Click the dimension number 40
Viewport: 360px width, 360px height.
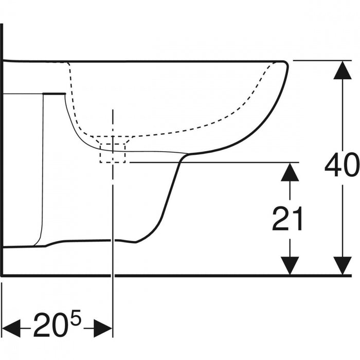342,165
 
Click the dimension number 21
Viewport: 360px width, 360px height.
287,219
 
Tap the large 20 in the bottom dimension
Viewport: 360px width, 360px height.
51,325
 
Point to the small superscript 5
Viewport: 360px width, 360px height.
76,317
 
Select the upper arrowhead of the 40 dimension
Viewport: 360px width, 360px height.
343,70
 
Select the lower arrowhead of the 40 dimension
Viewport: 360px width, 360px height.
343,265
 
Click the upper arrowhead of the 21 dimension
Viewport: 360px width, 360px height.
290,172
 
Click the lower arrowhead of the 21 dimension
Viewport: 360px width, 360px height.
290,265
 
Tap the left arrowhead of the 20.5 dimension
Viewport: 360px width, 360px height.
11,328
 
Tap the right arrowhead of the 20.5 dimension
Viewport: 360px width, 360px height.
103,328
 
